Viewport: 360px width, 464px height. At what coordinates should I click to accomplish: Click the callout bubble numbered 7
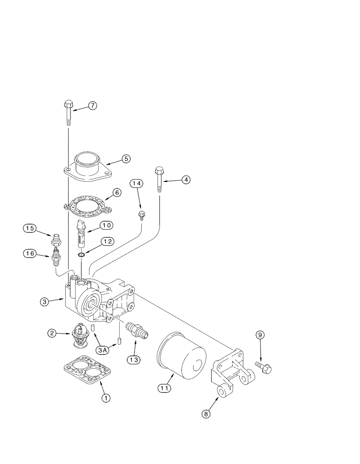pos(92,106)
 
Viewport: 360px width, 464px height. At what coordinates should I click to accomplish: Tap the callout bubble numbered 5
pos(125,159)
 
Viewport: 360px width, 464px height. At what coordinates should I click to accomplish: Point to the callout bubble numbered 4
pos(185,180)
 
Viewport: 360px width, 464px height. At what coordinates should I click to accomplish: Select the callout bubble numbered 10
pos(106,226)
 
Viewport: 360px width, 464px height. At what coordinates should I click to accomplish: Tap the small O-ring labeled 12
pos(81,254)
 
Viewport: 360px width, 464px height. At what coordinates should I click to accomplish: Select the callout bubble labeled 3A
pos(103,350)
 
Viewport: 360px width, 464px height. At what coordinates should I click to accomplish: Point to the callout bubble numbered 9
pos(260,335)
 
